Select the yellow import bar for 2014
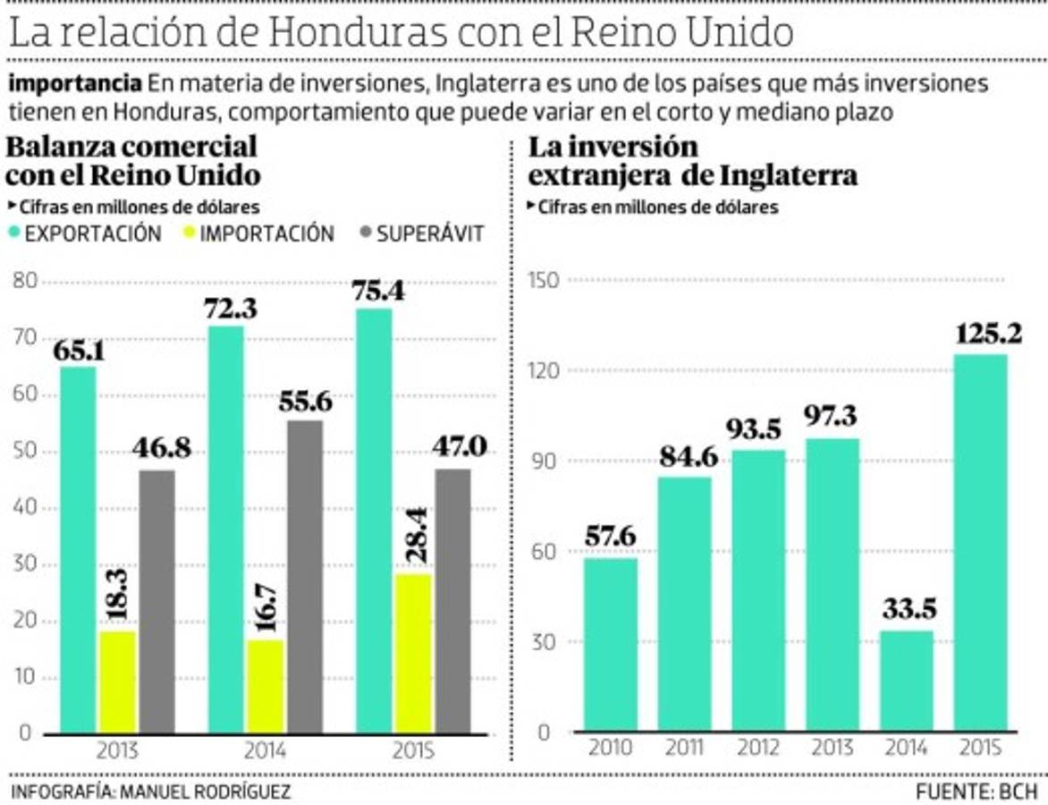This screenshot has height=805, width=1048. pyautogui.click(x=266, y=686)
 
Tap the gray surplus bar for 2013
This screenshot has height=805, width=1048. pyautogui.click(x=157, y=601)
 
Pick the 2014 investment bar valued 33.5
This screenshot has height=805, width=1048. pyautogui.click(x=906, y=682)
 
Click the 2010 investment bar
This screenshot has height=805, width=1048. pyautogui.click(x=611, y=645)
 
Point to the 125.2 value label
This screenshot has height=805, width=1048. pyautogui.click(x=980, y=335)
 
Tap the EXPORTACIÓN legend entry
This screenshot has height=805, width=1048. pyautogui.click(x=85, y=233)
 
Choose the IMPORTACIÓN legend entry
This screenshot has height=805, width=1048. pyautogui.click(x=258, y=233)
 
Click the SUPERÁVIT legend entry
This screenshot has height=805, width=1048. pyautogui.click(x=420, y=233)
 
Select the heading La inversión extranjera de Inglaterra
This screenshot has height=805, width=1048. pyautogui.click(x=692, y=161)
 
